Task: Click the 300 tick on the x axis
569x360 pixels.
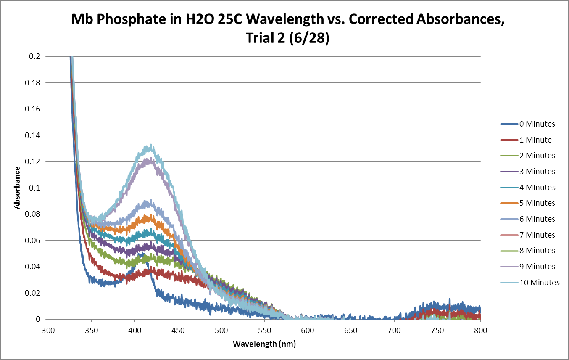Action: pyautogui.click(x=48, y=331)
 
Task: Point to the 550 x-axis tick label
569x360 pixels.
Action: pyautogui.click(x=221, y=331)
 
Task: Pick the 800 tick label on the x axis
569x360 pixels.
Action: pyautogui.click(x=480, y=331)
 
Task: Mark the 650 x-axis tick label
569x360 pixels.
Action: pyautogui.click(x=351, y=331)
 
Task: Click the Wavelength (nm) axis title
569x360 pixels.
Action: pyautogui.click(x=264, y=344)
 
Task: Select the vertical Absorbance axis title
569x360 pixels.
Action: pyautogui.click(x=17, y=188)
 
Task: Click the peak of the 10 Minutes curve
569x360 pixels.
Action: pyautogui.click(x=148, y=146)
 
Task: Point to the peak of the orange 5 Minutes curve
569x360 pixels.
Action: pyautogui.click(x=148, y=216)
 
